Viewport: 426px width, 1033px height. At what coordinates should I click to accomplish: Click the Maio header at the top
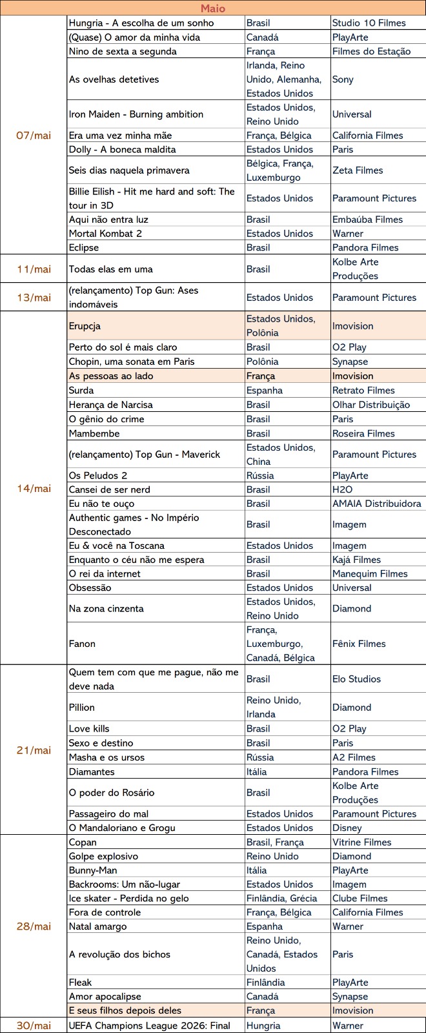point(213,8)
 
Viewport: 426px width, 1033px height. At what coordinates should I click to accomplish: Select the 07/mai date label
point(34,136)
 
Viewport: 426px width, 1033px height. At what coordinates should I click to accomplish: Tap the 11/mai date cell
point(34,269)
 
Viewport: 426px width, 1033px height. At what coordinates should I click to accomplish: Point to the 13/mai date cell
point(34,298)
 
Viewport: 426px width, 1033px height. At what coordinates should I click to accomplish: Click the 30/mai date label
point(34,1025)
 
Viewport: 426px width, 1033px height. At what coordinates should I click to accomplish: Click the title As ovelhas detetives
point(114,79)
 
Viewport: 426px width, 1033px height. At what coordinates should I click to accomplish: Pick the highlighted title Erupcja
point(85,326)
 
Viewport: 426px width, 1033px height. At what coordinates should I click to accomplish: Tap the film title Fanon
point(82,644)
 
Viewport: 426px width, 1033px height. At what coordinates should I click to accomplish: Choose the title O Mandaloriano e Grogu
point(122,828)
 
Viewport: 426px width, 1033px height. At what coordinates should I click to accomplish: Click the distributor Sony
point(343,79)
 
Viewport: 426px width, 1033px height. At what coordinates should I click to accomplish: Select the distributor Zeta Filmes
point(358,170)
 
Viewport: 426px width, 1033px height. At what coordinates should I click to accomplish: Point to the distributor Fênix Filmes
point(359,644)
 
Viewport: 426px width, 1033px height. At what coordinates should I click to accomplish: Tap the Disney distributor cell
point(347,828)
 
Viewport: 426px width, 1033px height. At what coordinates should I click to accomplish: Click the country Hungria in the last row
point(263,1025)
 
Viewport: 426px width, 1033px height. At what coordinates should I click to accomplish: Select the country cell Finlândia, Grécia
point(281,898)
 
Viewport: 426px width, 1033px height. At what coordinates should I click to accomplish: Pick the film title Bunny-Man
point(93,870)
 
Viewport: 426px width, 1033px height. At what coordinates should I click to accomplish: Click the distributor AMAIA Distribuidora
point(376,504)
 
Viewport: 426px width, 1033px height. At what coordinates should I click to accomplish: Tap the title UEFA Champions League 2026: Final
point(149,1025)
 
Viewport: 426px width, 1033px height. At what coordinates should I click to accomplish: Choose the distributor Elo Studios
point(356,679)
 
